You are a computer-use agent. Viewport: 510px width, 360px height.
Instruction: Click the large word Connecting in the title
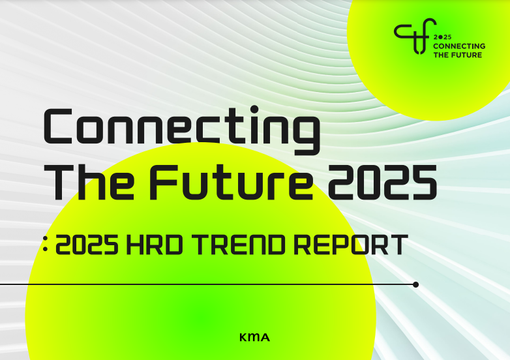(182, 127)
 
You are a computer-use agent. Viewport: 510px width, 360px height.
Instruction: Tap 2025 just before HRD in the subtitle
(87, 245)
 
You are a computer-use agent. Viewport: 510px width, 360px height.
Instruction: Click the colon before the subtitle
(45, 247)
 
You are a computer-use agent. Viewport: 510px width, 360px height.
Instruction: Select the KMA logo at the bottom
(254, 337)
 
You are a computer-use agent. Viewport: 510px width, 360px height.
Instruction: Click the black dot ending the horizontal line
(416, 284)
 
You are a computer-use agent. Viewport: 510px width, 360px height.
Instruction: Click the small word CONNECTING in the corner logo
(459, 47)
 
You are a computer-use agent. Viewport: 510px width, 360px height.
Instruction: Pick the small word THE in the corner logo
(441, 55)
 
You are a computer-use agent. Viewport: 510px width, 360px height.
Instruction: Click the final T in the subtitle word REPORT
(399, 245)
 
